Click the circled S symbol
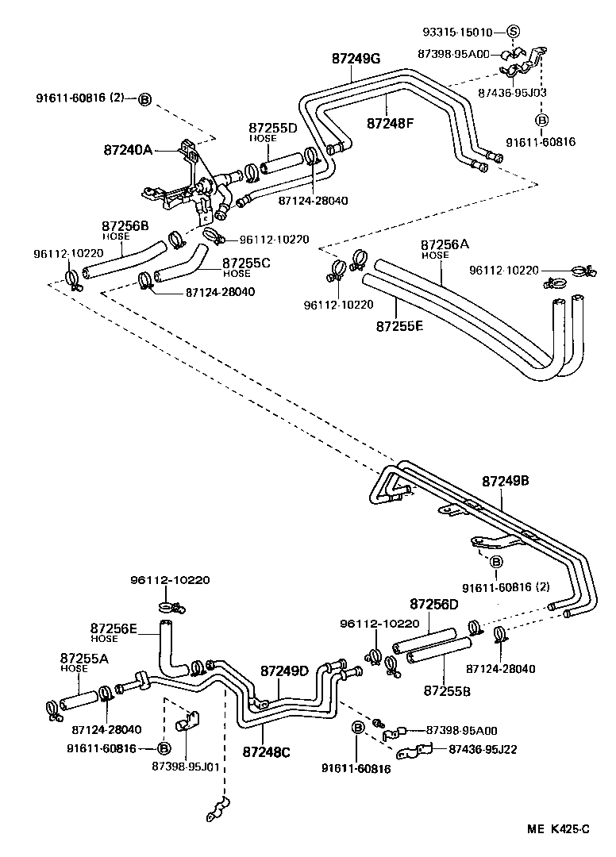tap(513, 33)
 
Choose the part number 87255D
tap(272, 128)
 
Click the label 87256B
tap(125, 226)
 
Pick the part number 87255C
tap(247, 263)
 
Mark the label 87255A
tap(85, 658)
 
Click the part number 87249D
tap(284, 671)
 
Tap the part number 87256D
tap(434, 605)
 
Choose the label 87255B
tap(445, 690)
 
